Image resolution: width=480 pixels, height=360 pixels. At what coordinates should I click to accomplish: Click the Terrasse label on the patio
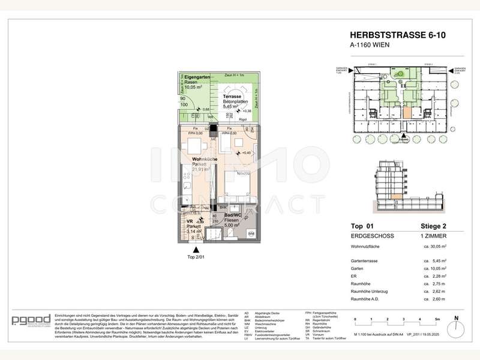click(232, 97)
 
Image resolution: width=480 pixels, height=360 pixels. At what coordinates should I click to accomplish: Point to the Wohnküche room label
click(204, 159)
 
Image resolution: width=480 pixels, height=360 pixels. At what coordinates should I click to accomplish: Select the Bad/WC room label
click(232, 214)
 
